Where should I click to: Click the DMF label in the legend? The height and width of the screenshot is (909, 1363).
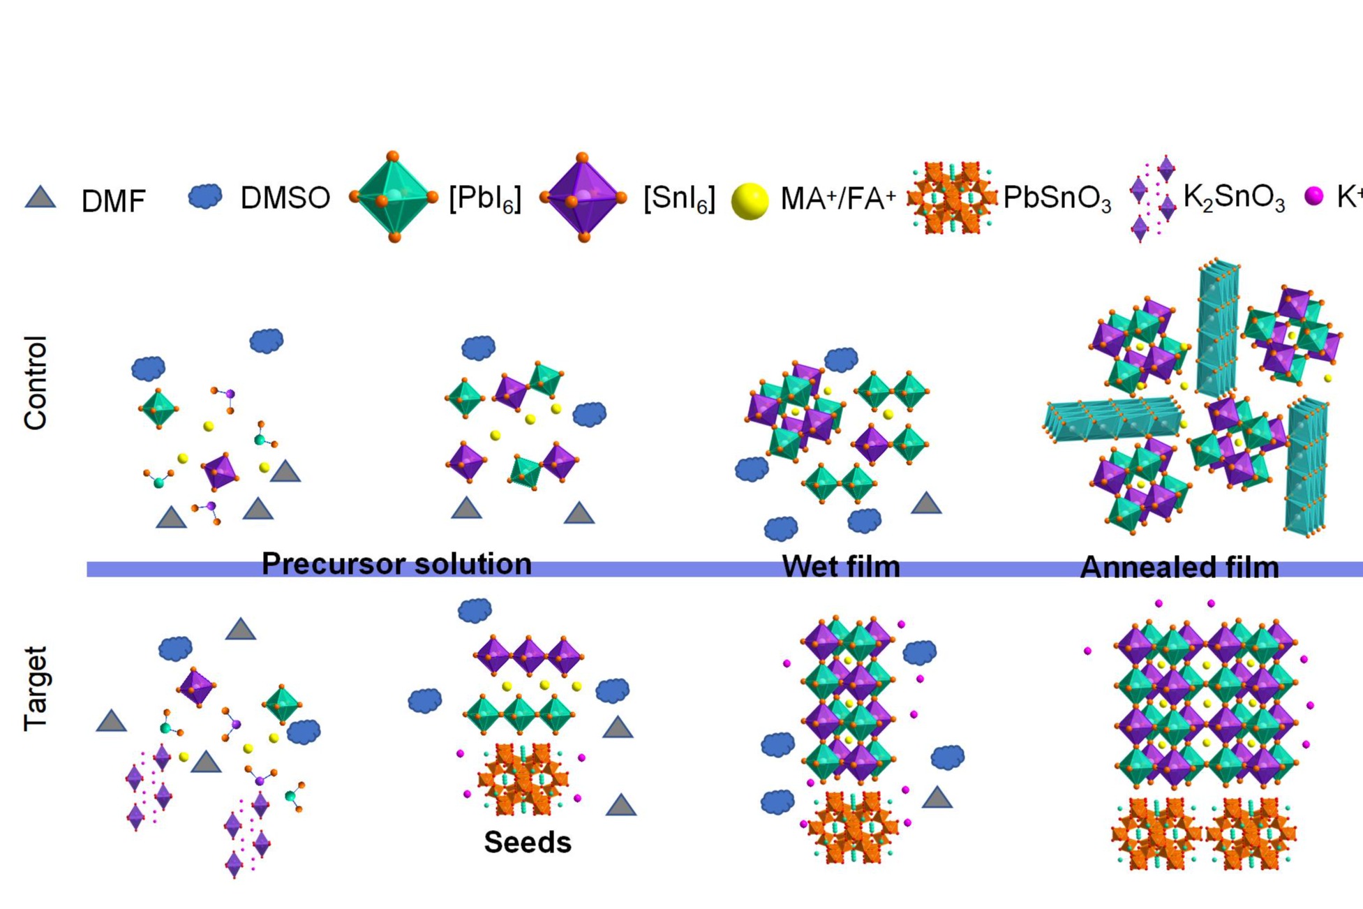tap(113, 201)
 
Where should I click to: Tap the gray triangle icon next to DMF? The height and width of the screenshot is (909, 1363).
tap(40, 198)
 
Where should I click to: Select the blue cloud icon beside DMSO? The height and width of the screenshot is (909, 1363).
tap(205, 196)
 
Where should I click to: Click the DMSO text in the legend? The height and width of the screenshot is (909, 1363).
tap(285, 198)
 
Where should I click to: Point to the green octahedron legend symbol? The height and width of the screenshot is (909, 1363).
tap(394, 197)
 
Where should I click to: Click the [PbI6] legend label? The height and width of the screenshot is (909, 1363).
tap(485, 199)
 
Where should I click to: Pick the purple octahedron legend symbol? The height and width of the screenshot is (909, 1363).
tap(583, 198)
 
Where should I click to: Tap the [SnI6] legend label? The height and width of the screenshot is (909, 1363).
tap(679, 199)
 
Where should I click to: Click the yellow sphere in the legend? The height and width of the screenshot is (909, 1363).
tap(750, 201)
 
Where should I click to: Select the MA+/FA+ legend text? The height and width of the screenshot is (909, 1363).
tap(837, 199)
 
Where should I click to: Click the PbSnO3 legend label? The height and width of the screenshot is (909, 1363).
tap(1057, 199)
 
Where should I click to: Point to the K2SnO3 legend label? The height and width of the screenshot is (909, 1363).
tap(1234, 198)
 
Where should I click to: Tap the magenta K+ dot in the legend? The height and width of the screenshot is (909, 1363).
tap(1313, 196)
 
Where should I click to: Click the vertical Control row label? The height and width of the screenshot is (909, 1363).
tap(36, 383)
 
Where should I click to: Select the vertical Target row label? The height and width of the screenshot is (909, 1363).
tap(36, 689)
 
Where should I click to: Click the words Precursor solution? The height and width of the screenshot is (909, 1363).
tap(396, 564)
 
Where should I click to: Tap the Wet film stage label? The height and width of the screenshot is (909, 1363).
tap(841, 566)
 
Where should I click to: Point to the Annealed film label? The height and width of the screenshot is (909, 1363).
tap(1179, 568)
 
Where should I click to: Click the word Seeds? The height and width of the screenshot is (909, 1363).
tap(528, 843)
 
